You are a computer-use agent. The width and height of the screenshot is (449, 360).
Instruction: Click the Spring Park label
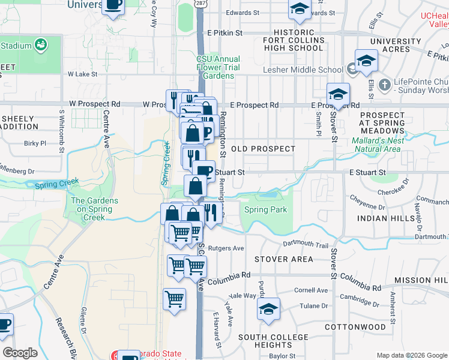point(265,210)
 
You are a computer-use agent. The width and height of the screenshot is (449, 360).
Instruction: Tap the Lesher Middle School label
point(314,70)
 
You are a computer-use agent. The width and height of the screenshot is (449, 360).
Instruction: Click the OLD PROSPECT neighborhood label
point(263,149)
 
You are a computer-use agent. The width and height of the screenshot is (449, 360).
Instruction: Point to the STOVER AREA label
point(283,259)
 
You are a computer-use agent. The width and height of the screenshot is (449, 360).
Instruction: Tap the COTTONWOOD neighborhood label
point(355,327)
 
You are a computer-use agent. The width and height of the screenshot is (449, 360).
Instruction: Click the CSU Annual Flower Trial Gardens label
point(218,67)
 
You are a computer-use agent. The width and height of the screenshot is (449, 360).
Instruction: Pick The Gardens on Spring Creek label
point(95,205)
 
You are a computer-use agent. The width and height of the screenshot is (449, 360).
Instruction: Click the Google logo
point(20,353)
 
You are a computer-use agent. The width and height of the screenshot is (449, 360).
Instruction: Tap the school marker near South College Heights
point(268,310)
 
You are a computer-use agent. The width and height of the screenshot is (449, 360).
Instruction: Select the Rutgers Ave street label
point(231,248)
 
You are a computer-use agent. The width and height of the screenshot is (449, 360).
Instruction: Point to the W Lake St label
point(82,74)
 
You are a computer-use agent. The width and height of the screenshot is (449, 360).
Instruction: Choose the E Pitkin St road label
point(224,33)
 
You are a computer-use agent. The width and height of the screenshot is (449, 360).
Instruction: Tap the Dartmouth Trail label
point(306,245)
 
